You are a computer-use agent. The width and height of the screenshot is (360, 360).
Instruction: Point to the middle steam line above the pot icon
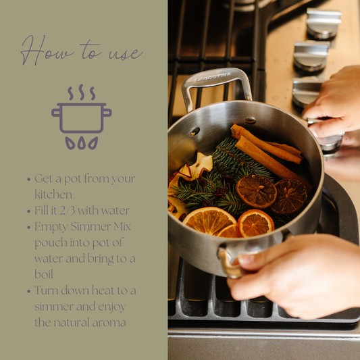click(82, 92)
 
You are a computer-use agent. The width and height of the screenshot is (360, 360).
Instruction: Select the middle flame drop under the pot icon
click(82, 143)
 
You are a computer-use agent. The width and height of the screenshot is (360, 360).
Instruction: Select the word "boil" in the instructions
click(44, 274)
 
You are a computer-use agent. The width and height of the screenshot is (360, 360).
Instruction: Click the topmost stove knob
click(323, 23)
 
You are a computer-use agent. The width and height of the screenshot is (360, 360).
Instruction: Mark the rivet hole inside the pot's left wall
click(195, 131)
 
